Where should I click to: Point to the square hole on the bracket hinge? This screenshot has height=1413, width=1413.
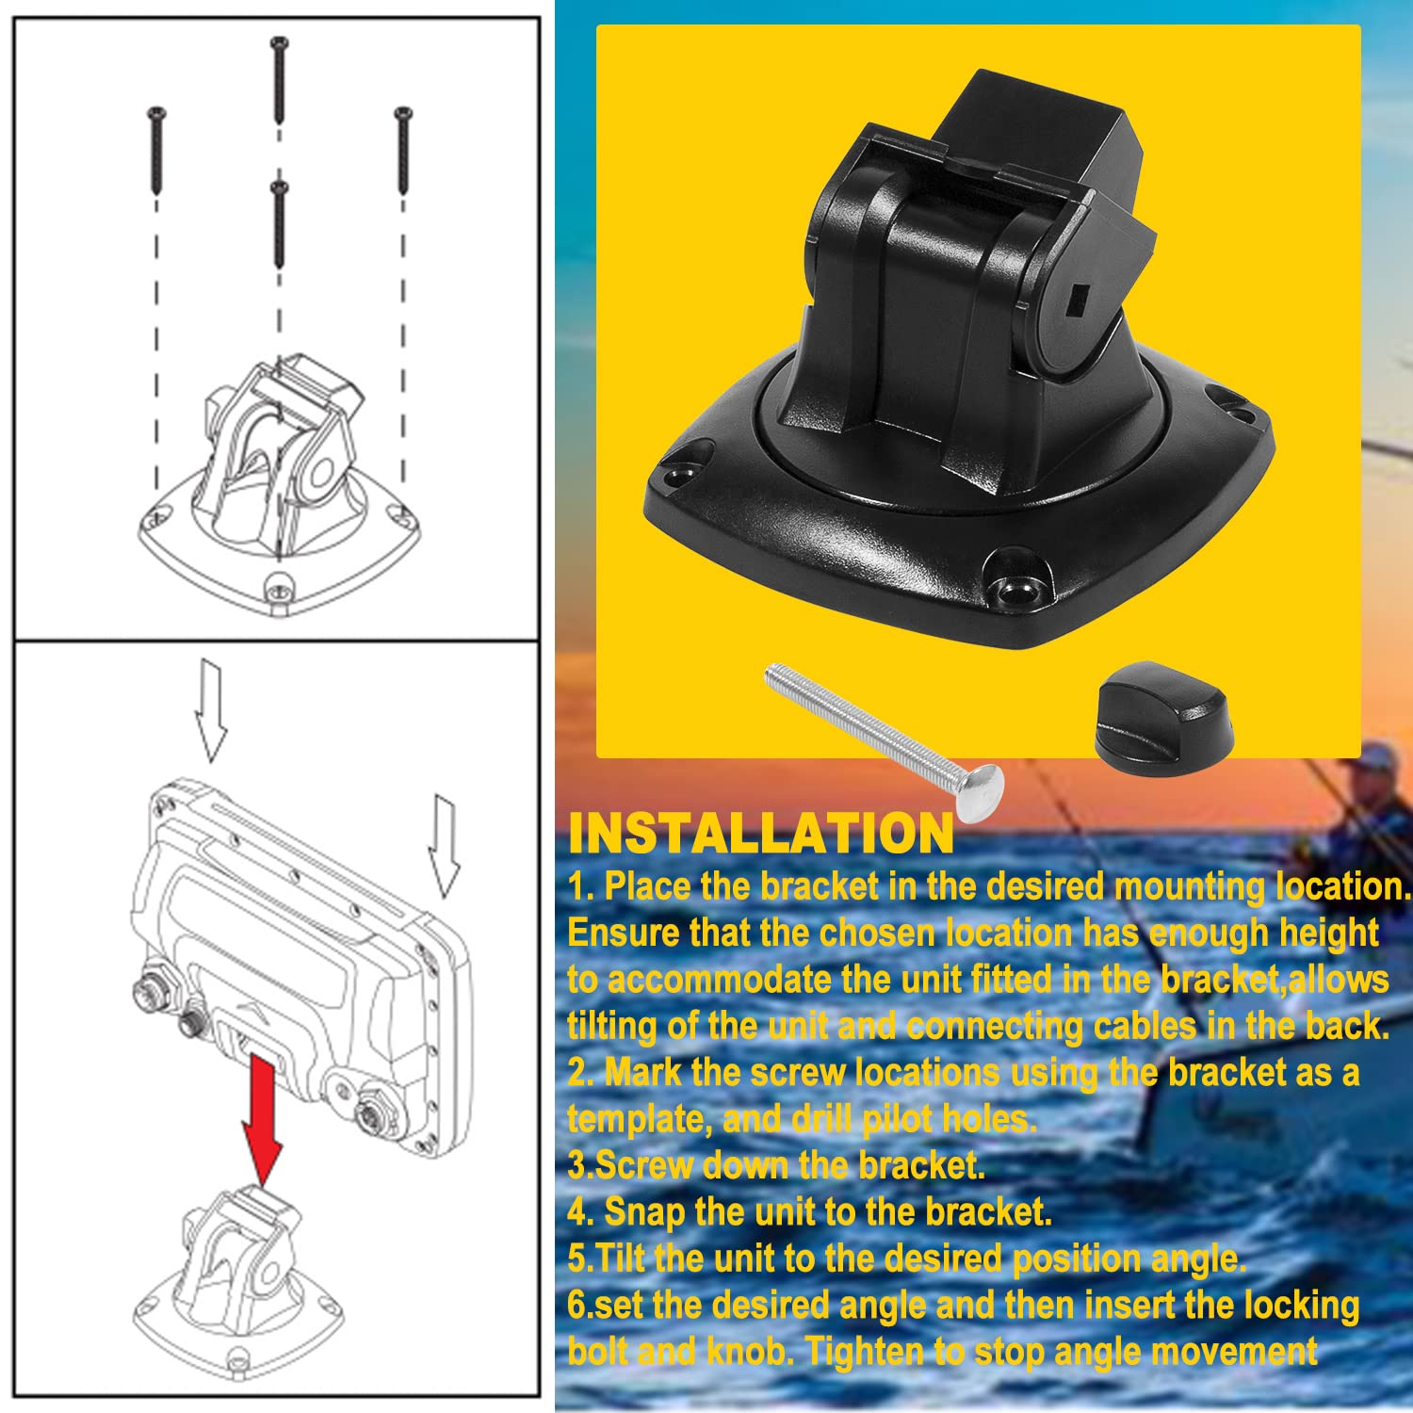click(1076, 304)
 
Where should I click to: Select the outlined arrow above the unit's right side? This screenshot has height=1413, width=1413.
click(444, 845)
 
